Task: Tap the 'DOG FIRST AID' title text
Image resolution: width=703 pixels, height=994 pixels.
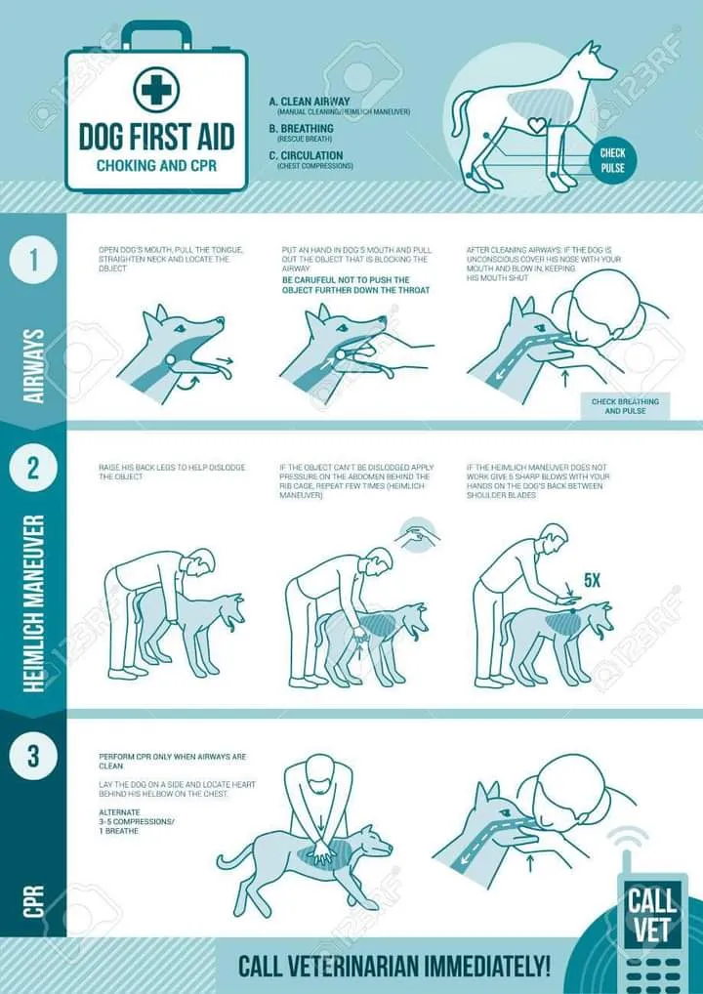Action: point(156,136)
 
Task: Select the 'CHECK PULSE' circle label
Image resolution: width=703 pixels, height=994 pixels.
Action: point(612,160)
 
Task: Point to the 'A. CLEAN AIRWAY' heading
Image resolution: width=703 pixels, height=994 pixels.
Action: point(310,101)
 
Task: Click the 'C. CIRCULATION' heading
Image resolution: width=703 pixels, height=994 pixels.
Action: point(306,155)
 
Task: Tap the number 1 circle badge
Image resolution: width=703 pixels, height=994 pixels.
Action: point(33,262)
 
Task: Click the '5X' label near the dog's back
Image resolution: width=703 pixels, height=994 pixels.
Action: point(592,580)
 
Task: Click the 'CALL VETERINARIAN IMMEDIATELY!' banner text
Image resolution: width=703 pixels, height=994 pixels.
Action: point(394,967)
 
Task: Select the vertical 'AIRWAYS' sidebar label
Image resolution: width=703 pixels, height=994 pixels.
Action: point(34,365)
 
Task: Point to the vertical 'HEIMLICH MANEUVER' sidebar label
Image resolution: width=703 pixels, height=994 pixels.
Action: point(34,603)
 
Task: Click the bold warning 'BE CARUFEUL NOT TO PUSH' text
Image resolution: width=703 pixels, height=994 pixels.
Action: point(355,285)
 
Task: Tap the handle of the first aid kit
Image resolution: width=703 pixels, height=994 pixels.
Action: point(156,35)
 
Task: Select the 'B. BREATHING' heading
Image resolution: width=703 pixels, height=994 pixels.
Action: point(301,128)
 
